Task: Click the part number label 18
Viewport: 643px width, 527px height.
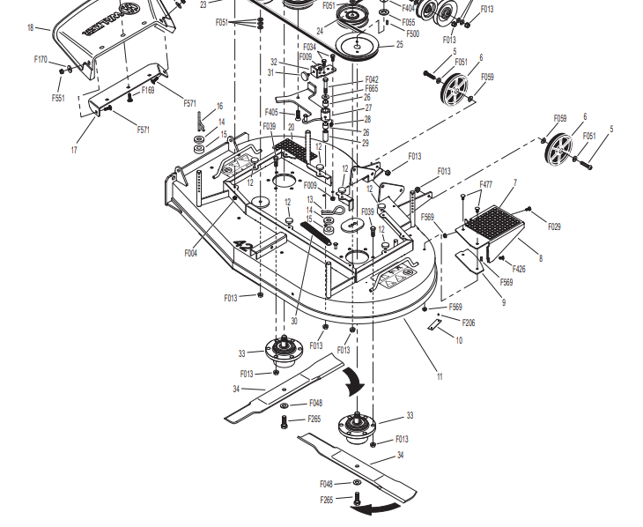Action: pos(31,28)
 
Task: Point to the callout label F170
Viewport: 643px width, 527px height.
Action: pos(41,59)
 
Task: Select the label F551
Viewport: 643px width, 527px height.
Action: pos(58,98)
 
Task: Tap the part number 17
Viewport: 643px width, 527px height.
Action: pos(74,150)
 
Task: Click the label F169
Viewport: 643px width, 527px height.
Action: pos(148,90)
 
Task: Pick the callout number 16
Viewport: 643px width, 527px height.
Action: pos(219,107)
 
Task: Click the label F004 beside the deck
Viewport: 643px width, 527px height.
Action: pos(191,253)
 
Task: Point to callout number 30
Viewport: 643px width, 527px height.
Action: pos(293,321)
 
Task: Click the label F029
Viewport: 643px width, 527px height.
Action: pos(554,226)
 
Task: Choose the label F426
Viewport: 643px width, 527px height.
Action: pos(518,269)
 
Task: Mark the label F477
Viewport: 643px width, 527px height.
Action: pos(485,185)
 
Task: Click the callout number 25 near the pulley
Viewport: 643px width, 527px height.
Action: pos(400,45)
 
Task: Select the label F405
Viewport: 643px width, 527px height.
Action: pos(271,112)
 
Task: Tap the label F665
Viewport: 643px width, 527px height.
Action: pos(372,89)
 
